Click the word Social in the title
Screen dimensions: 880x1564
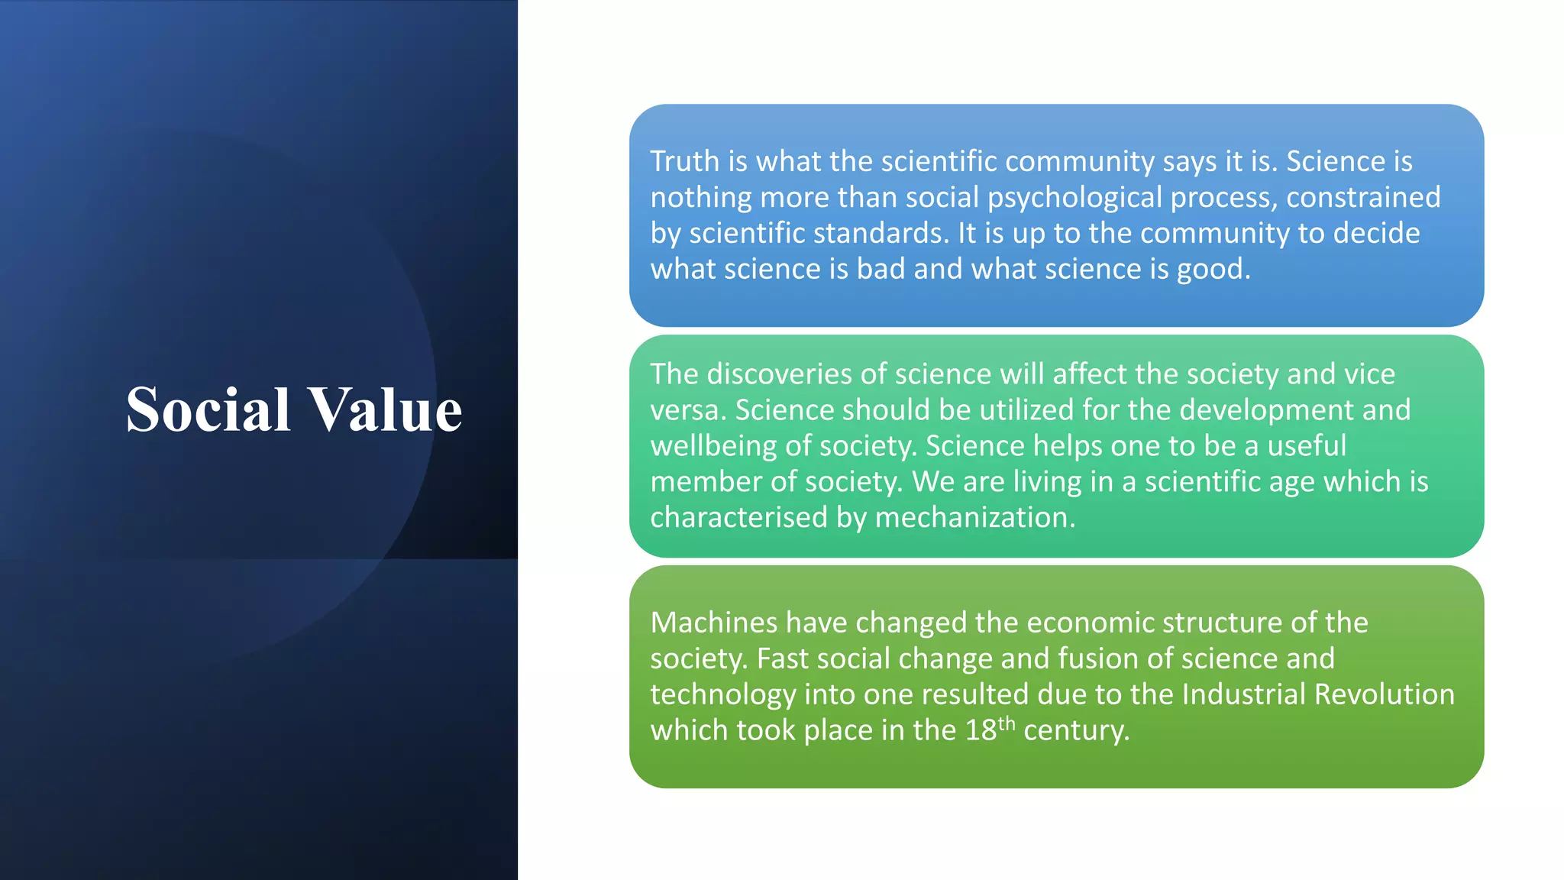click(208, 409)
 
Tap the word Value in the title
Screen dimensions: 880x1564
click(385, 409)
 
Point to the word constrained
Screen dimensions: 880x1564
click(1363, 197)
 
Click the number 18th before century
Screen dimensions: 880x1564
click(990, 730)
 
